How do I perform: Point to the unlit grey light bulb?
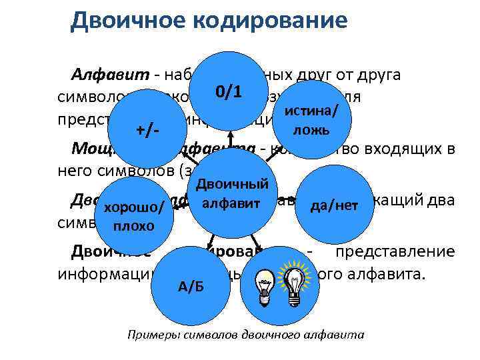265,289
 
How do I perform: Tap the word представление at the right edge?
396,252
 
